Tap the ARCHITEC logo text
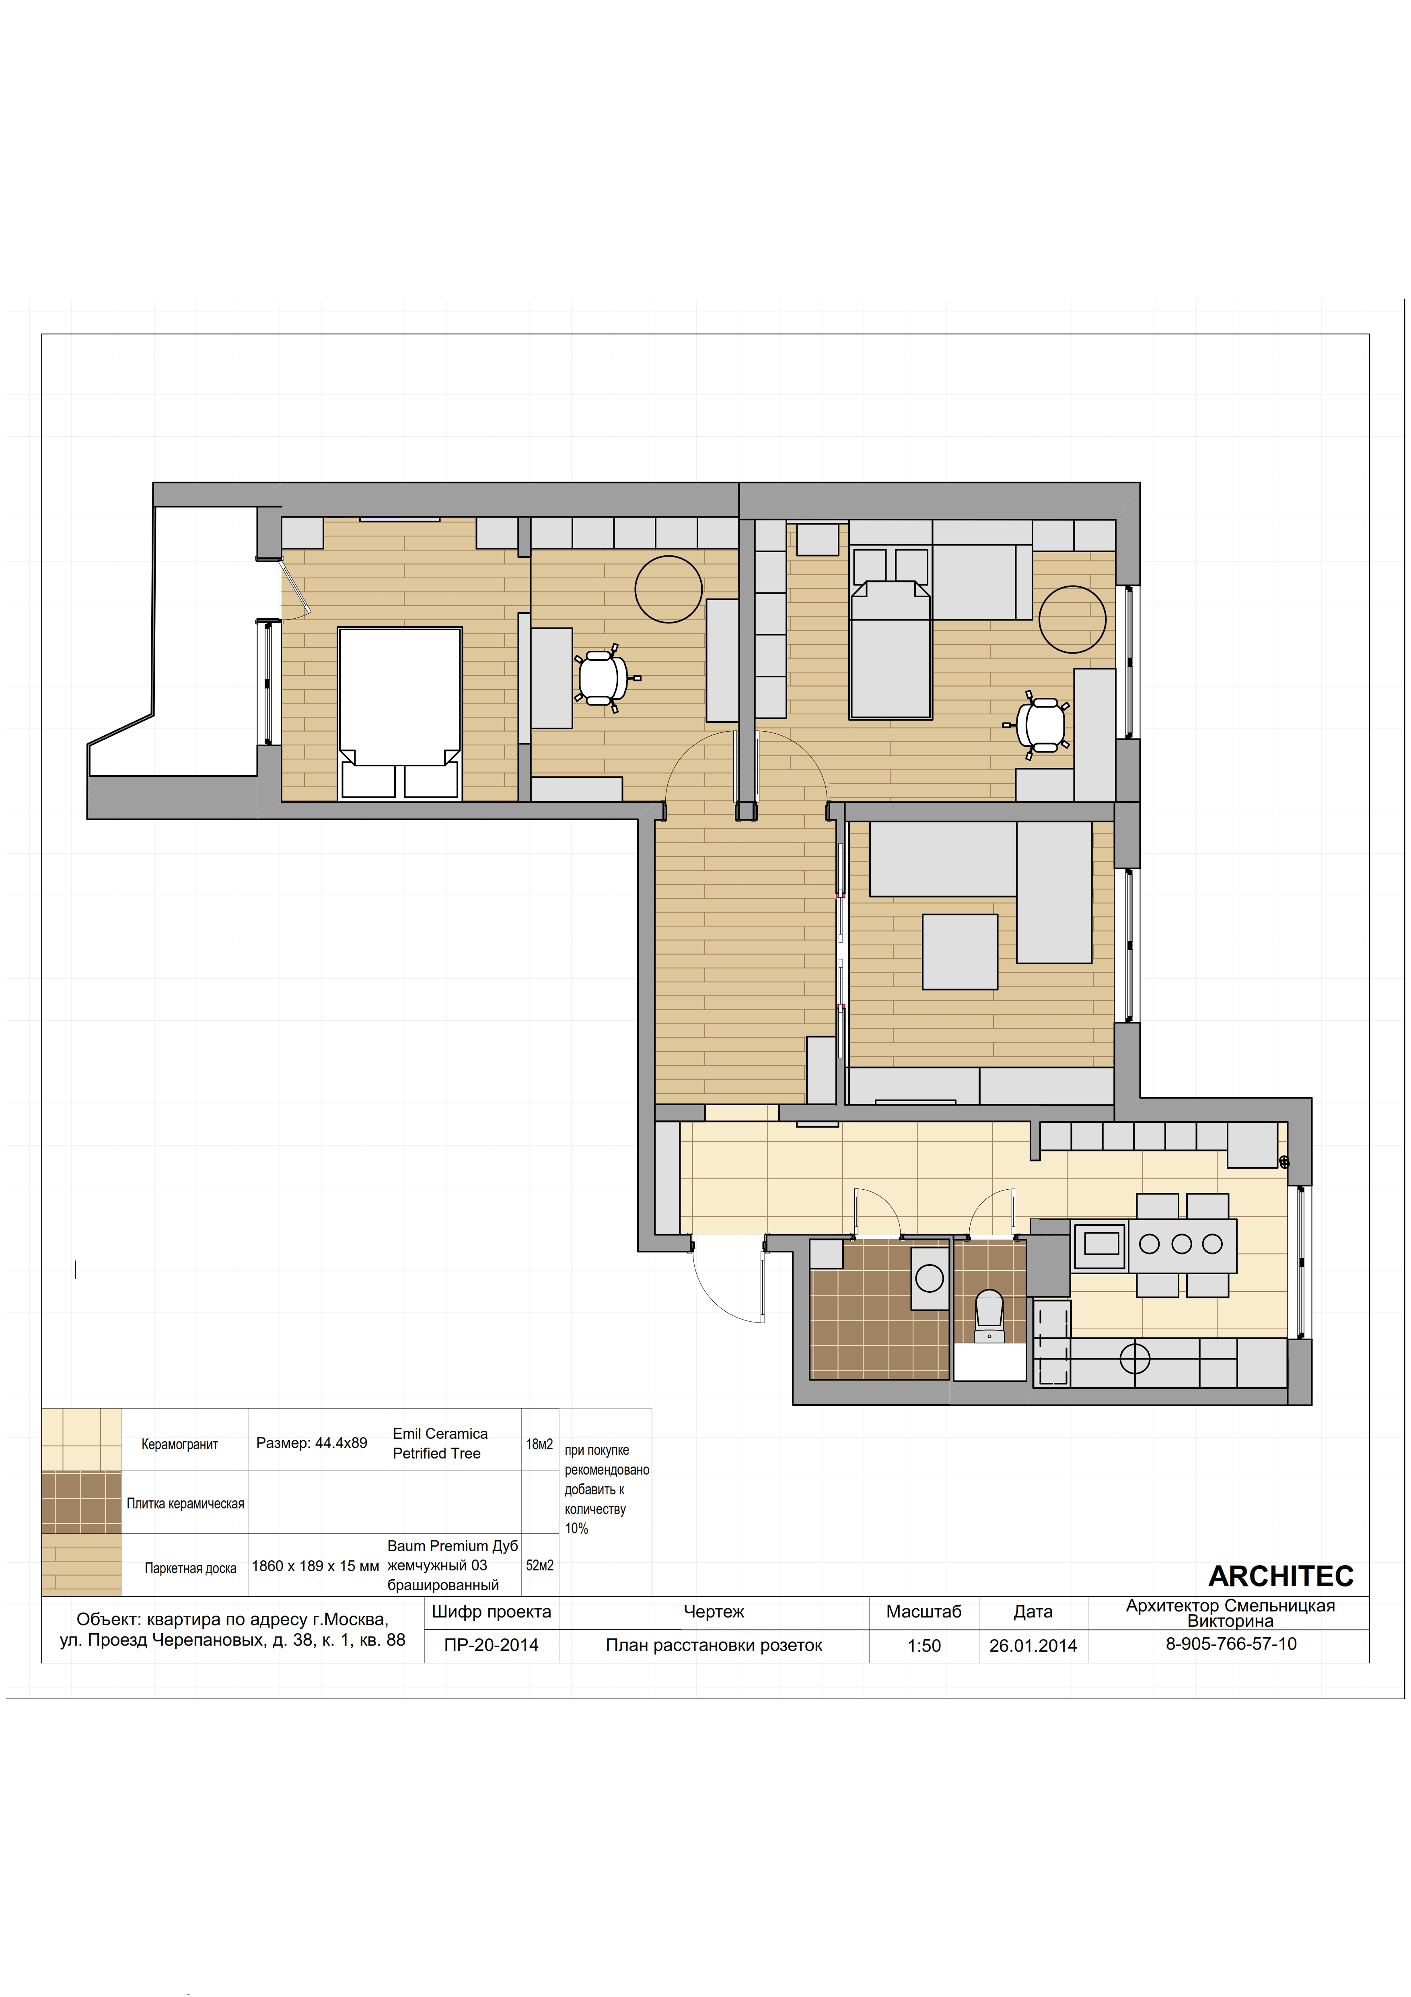click(1281, 1576)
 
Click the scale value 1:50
click(924, 1646)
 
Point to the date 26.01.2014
click(1033, 1646)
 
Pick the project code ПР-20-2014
click(491, 1645)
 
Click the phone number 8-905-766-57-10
click(1231, 1644)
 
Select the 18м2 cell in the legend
click(539, 1444)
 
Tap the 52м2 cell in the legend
click(539, 1565)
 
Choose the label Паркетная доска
click(190, 1568)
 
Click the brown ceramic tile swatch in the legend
click(82, 1502)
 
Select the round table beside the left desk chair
click(668, 589)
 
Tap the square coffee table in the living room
click(960, 951)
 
